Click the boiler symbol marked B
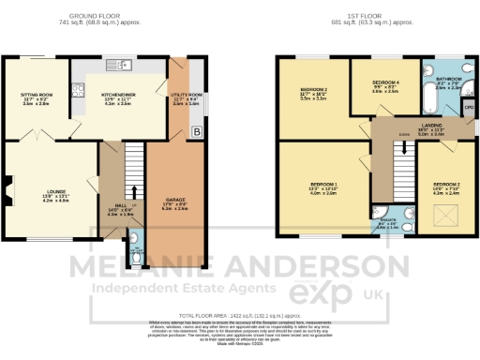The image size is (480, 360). pyautogui.click(x=195, y=131)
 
